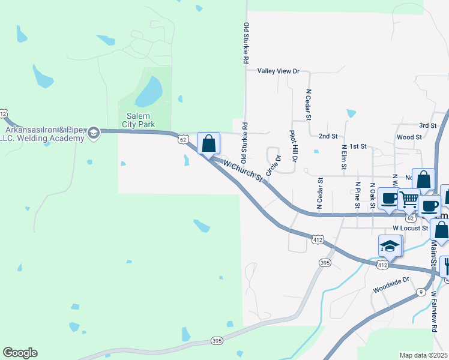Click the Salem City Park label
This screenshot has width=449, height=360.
tap(138, 120)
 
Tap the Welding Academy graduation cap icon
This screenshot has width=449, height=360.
tap(93, 133)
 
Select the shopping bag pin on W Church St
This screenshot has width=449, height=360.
tap(208, 144)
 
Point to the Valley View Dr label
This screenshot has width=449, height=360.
tap(278, 71)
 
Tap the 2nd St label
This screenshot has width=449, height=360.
tap(328, 137)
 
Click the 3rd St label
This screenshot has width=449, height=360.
tap(427, 125)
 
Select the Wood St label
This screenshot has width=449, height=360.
tap(409, 137)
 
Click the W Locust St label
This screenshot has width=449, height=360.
tap(410, 228)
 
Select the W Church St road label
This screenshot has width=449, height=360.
tap(243, 170)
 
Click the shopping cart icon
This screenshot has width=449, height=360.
tap(409, 199)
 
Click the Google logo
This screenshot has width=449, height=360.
tap(20, 353)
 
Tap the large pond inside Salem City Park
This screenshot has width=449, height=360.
tap(149, 91)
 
